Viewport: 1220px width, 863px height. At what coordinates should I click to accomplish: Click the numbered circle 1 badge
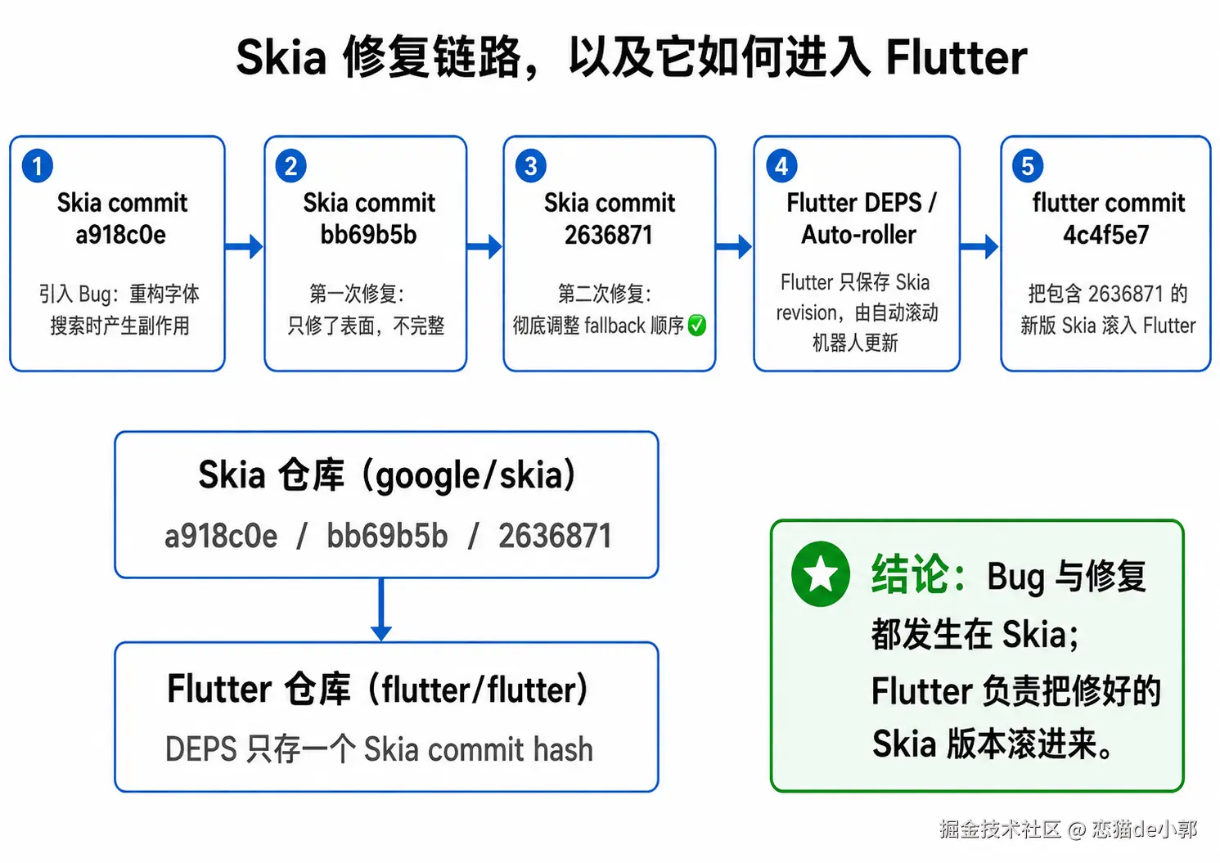(x=37, y=165)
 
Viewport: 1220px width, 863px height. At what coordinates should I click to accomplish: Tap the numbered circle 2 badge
(x=290, y=165)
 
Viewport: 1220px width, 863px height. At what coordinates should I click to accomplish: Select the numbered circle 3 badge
(x=530, y=165)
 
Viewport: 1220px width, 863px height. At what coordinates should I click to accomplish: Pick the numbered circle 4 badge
(x=781, y=165)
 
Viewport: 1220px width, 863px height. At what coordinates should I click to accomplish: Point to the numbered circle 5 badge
(x=1028, y=165)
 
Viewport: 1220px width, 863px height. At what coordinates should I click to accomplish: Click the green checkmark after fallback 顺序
(x=696, y=325)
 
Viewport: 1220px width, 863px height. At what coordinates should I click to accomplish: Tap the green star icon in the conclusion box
(x=820, y=574)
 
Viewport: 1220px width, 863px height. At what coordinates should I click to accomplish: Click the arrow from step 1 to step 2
(x=244, y=247)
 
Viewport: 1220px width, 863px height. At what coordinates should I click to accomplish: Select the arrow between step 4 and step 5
(x=979, y=247)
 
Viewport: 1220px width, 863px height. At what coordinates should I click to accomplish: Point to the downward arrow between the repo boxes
(x=381, y=609)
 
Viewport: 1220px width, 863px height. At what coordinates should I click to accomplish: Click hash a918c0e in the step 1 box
(x=120, y=235)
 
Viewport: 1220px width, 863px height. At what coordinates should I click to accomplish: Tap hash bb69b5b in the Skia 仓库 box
(x=387, y=535)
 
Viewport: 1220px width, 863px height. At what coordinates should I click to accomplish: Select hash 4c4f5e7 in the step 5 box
(x=1106, y=235)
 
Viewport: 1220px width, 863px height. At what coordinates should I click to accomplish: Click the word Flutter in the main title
(x=957, y=57)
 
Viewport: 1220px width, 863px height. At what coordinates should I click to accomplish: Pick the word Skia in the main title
(x=281, y=57)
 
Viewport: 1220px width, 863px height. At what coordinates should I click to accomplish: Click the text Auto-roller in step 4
(x=858, y=235)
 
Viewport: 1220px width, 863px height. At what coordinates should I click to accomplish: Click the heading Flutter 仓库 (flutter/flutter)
(x=377, y=689)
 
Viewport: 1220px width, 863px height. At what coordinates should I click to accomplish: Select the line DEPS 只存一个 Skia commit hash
(x=379, y=748)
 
